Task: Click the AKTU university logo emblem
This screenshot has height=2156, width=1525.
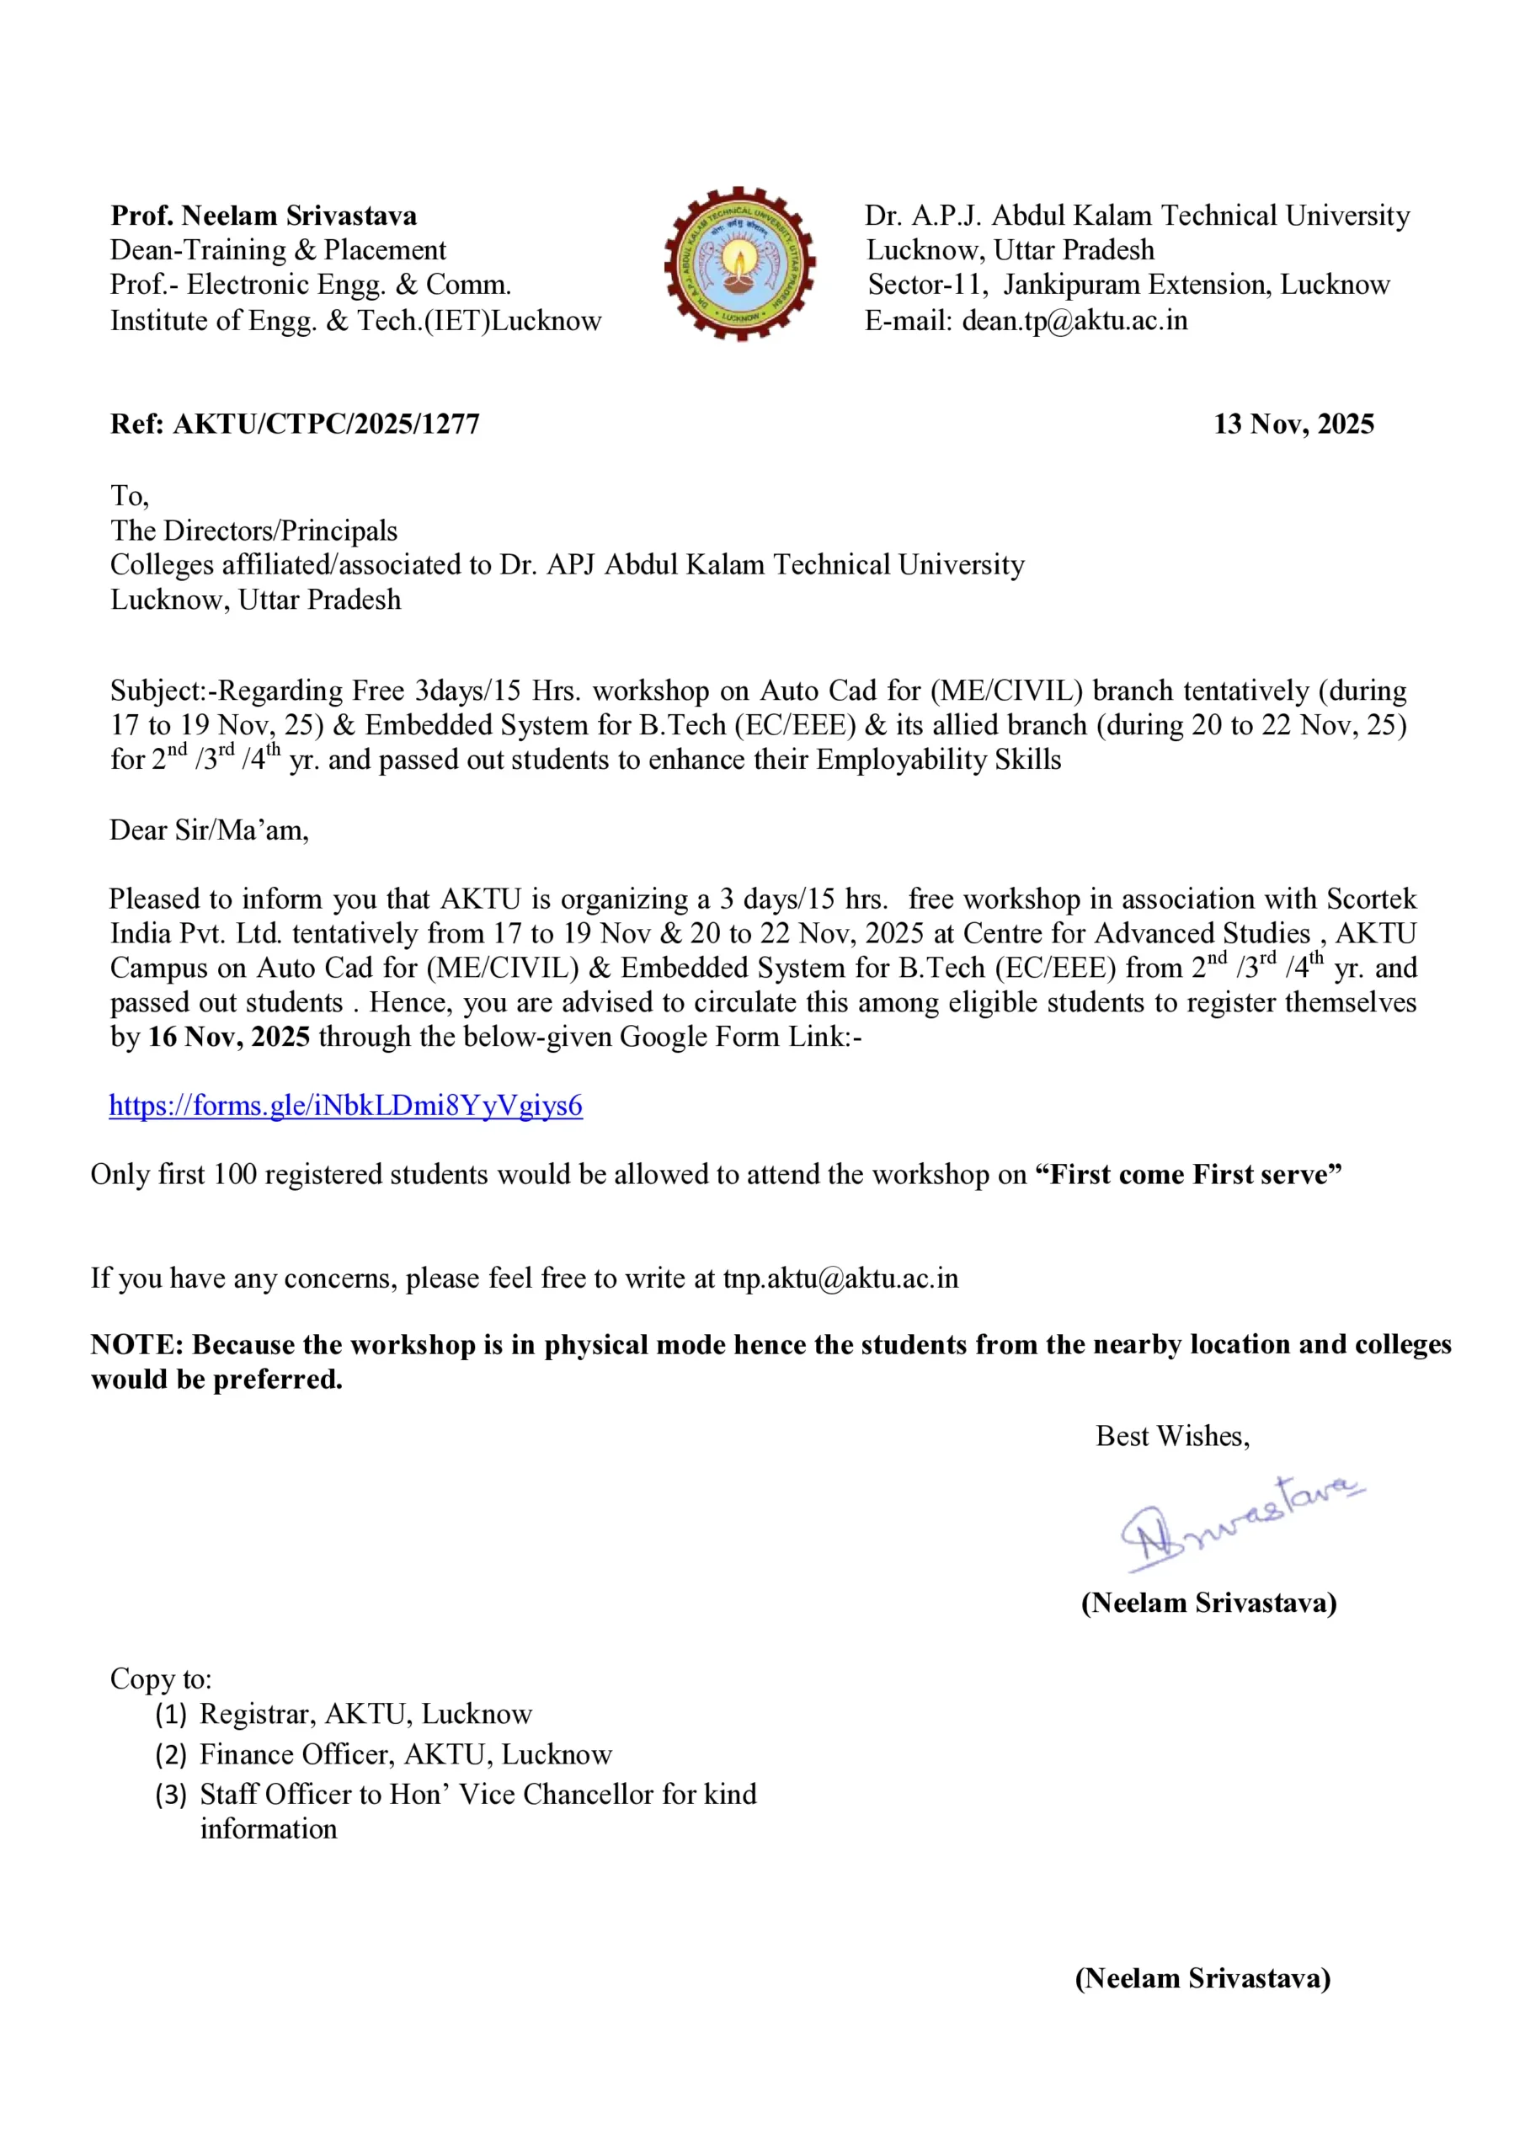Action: pyautogui.click(x=739, y=264)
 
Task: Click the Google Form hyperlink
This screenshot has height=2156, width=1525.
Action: pyautogui.click(x=345, y=1105)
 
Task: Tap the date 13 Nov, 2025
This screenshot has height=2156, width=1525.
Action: pyautogui.click(x=1293, y=424)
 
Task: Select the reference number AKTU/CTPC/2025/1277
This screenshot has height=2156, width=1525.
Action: pyautogui.click(x=326, y=424)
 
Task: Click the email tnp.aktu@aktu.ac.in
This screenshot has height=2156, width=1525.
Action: pyautogui.click(x=840, y=1279)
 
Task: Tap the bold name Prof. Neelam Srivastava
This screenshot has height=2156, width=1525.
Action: pyautogui.click(x=264, y=216)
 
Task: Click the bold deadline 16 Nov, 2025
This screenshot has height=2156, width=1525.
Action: pyautogui.click(x=229, y=1037)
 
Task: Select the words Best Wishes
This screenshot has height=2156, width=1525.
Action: pyautogui.click(x=1172, y=1436)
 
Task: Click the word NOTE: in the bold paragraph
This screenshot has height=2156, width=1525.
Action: pyautogui.click(x=137, y=1345)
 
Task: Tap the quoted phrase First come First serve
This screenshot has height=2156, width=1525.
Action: pyautogui.click(x=1188, y=1175)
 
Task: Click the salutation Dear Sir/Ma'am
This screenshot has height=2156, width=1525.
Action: pyautogui.click(x=209, y=830)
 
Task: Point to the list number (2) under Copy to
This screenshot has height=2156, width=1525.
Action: pyautogui.click(x=171, y=1754)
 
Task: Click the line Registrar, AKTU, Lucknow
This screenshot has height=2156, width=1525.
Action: pyautogui.click(x=365, y=1714)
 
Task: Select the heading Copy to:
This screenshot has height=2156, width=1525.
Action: pyautogui.click(x=161, y=1679)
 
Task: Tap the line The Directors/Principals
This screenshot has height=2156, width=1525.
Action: pyautogui.click(x=253, y=531)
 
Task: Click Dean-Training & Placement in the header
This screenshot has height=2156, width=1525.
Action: pyautogui.click(x=278, y=251)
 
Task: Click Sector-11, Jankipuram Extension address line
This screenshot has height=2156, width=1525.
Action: pyautogui.click(x=1128, y=285)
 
